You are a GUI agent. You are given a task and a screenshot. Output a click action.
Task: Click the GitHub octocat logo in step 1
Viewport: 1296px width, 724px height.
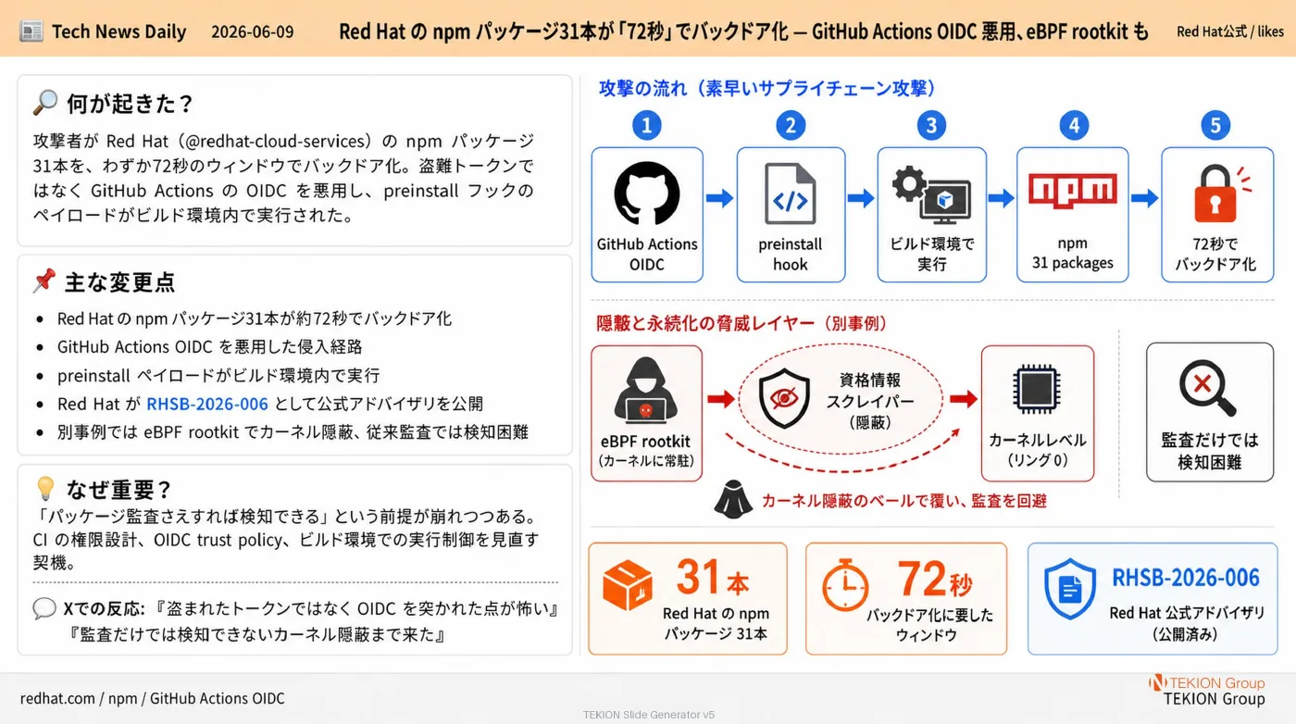[647, 193]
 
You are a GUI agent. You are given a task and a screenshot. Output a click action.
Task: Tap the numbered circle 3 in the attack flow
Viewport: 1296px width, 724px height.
[931, 125]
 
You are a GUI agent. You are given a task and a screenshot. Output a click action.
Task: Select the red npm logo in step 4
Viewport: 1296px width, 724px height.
[1073, 190]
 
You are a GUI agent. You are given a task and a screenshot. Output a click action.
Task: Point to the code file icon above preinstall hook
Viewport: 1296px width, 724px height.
[791, 193]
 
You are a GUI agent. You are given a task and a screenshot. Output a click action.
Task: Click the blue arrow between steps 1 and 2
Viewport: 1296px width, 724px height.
[720, 198]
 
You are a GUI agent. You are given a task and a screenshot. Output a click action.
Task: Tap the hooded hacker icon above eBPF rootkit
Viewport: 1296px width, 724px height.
[646, 391]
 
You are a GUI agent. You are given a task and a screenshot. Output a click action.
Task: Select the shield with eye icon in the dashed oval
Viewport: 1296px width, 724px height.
[784, 398]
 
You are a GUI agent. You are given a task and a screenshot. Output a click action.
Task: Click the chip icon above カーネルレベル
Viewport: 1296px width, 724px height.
[1037, 389]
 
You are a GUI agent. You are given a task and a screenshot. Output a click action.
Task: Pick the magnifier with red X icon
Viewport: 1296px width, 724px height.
[1207, 387]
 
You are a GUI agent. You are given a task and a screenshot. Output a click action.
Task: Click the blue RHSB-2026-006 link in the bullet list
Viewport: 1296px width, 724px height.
[207, 404]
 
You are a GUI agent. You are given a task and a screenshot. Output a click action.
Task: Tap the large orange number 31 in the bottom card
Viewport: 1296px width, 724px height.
[699, 577]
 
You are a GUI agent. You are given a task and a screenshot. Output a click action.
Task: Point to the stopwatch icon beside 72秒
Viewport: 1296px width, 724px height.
[845, 585]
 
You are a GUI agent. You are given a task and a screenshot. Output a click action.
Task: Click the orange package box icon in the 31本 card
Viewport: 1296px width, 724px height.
[628, 584]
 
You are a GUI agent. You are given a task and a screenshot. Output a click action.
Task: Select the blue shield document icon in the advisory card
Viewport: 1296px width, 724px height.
[1070, 589]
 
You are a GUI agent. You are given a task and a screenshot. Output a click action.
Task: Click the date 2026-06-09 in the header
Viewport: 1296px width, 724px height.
[252, 31]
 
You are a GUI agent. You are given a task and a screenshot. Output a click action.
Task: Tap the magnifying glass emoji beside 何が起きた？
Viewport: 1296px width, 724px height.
[45, 103]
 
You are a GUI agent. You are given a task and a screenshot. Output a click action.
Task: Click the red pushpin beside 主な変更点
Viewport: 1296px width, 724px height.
[44, 281]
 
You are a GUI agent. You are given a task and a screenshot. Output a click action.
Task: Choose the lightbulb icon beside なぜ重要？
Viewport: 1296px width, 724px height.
[45, 489]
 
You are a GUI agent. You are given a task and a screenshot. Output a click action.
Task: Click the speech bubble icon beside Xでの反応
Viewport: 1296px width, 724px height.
[44, 608]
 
